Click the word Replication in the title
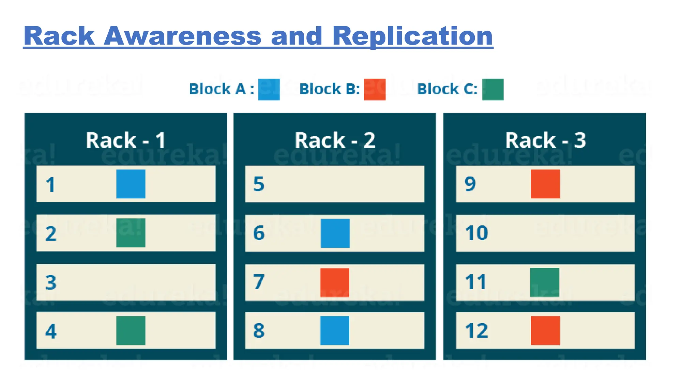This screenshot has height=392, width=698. [x=412, y=36]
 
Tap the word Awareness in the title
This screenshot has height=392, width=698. [x=182, y=36]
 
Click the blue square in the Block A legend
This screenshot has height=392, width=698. [x=269, y=89]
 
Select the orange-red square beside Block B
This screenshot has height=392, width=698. [x=375, y=89]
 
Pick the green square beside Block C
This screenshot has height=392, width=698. [x=492, y=89]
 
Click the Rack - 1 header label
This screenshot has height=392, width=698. [x=126, y=140]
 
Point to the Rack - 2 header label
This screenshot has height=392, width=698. [x=335, y=140]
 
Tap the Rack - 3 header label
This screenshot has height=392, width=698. [x=545, y=140]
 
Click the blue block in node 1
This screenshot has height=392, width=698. [x=131, y=184]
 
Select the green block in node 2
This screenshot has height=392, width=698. [x=131, y=233]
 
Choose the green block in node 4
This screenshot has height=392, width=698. [x=131, y=330]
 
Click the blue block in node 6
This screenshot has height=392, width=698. [x=335, y=233]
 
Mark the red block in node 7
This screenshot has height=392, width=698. [x=335, y=282]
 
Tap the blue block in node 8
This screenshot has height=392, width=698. [x=335, y=330]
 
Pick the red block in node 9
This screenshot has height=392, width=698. [x=545, y=184]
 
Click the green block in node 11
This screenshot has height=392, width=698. [x=545, y=282]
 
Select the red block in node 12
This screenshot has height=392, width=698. [x=545, y=330]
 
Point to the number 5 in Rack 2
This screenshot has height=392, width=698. [x=259, y=184]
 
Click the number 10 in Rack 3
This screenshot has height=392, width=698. [x=476, y=233]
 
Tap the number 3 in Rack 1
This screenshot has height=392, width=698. [x=51, y=282]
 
